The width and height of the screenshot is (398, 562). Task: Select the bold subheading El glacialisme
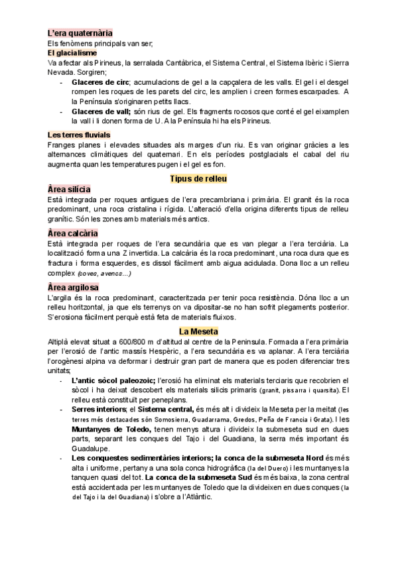pyautogui.click(x=72, y=52)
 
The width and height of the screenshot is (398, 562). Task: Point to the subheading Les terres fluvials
pyautogui.click(x=79, y=135)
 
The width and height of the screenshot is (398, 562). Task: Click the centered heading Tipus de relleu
pyautogui.click(x=199, y=179)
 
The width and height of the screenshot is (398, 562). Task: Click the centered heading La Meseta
pyautogui.click(x=199, y=331)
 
